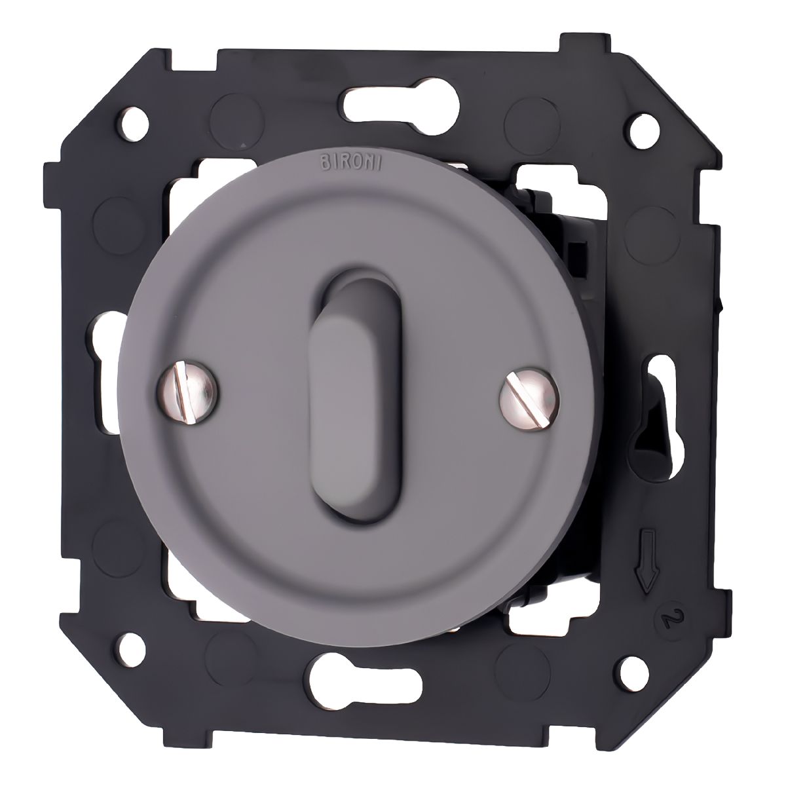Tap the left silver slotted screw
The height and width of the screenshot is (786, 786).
(187, 393)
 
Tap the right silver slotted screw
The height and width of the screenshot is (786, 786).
(529, 399)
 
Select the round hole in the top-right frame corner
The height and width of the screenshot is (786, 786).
(645, 132)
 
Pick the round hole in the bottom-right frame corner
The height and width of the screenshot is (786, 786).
(633, 670)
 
